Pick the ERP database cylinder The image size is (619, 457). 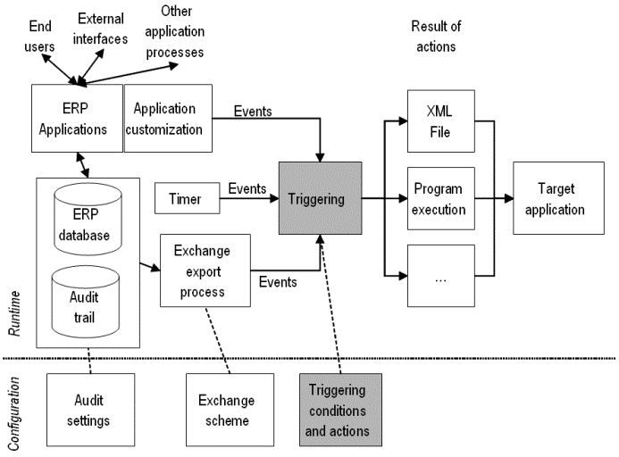(x=88, y=219)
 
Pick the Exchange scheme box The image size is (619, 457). (x=220, y=410)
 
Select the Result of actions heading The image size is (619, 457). (x=438, y=35)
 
